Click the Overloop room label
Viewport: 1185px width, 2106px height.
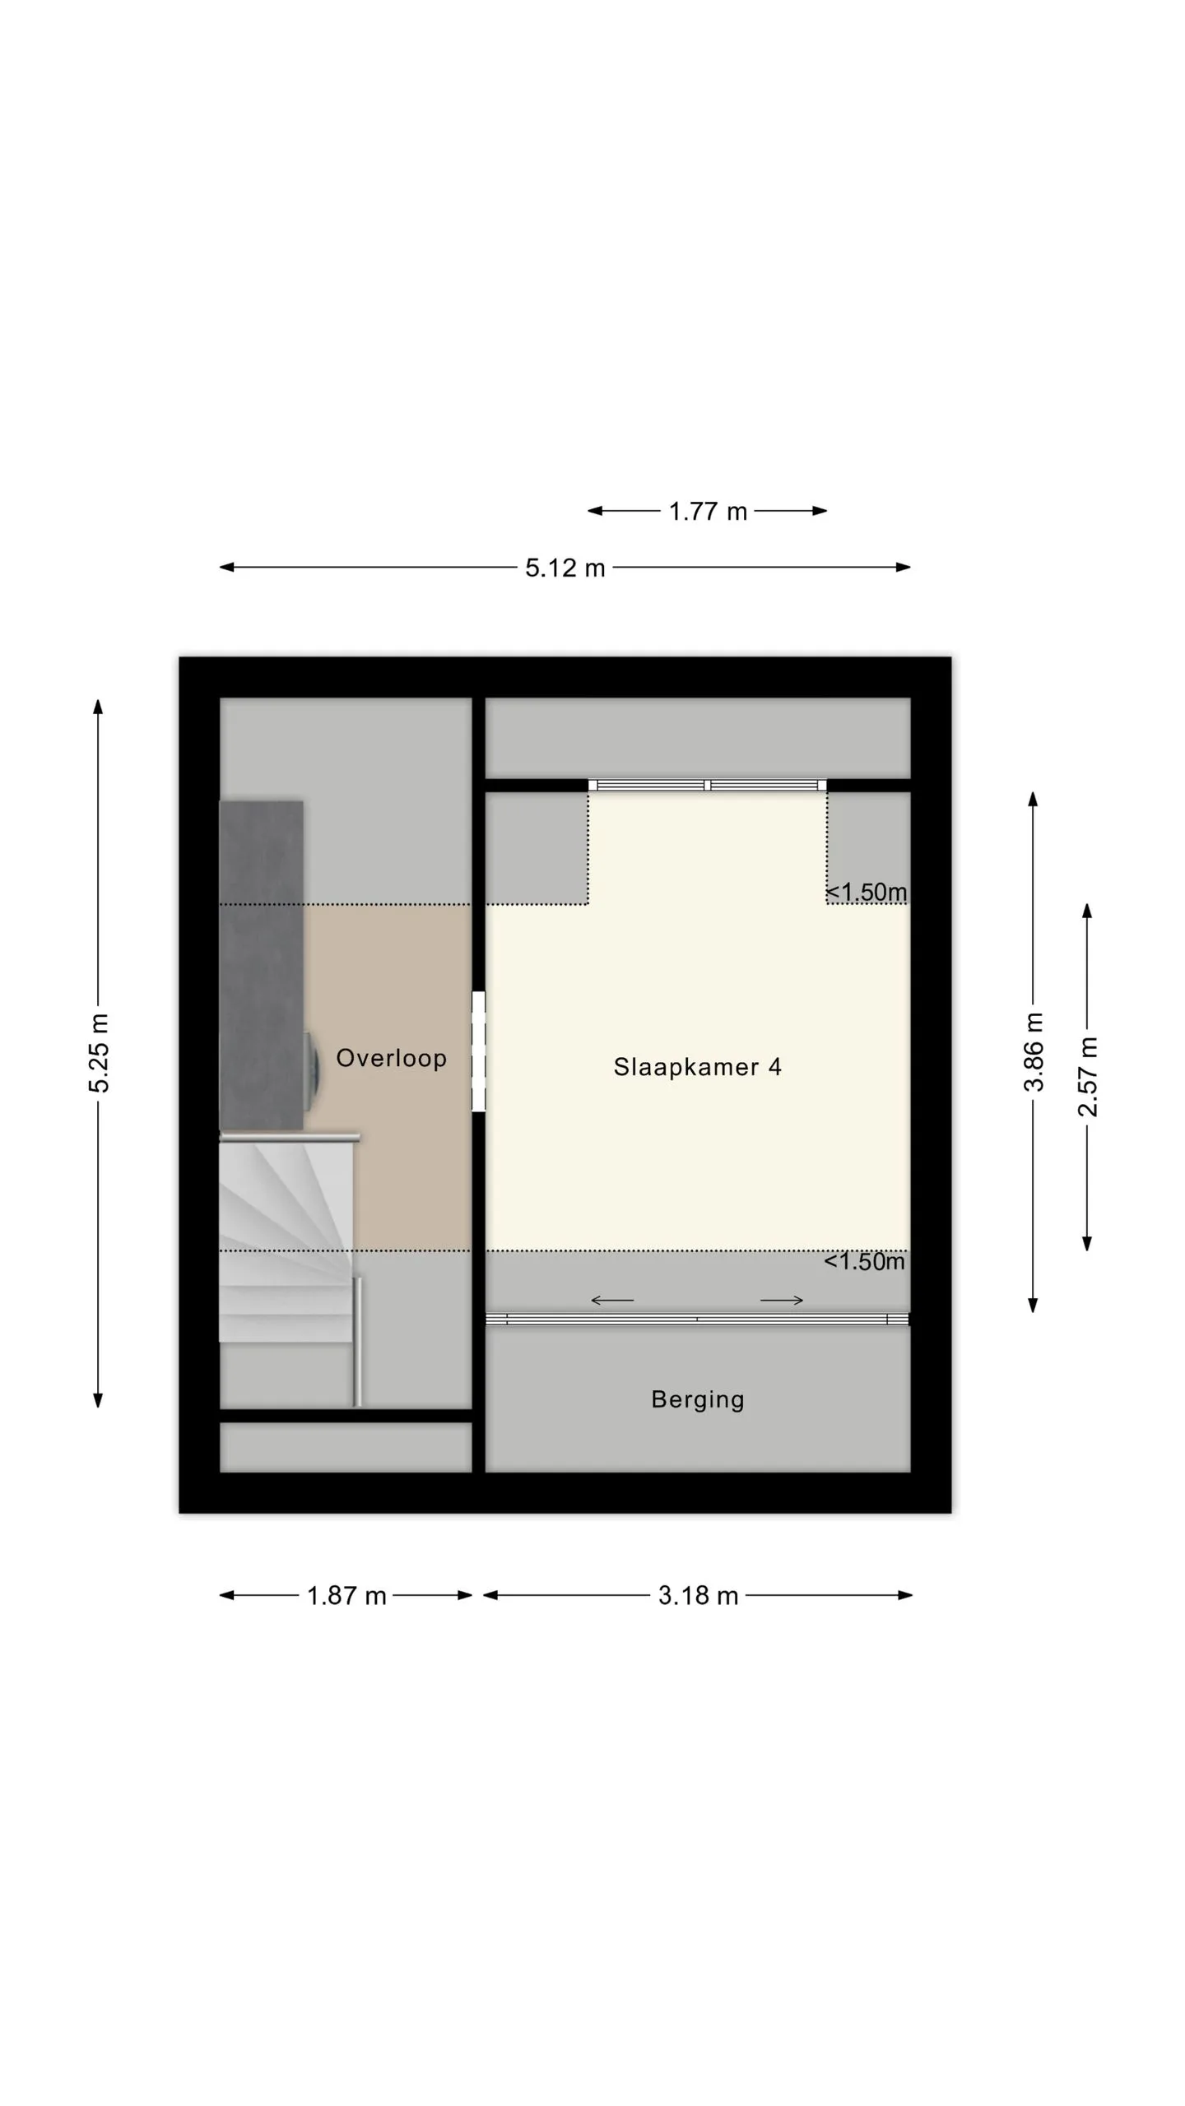(x=391, y=1058)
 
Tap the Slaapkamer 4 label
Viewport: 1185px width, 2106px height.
(x=697, y=1067)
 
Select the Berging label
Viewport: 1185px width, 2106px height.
(x=698, y=1399)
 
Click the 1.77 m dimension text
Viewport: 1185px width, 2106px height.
(x=708, y=512)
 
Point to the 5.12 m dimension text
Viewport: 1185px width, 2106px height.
(x=565, y=568)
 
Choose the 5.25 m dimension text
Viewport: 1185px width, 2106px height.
(x=99, y=1054)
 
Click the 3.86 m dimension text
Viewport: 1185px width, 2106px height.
(x=1034, y=1052)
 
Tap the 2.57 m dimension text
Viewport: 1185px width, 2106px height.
(x=1088, y=1077)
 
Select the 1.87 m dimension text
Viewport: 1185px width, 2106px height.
(x=346, y=1596)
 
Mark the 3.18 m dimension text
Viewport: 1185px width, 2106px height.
(x=698, y=1596)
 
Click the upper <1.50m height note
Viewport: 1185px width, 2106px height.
(x=866, y=892)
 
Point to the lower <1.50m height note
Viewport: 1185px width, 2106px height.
(x=864, y=1261)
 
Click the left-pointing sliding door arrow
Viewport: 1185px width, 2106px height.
(x=612, y=1300)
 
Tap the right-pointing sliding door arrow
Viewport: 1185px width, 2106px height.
(x=782, y=1300)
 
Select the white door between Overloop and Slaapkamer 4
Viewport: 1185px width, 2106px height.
(x=478, y=1051)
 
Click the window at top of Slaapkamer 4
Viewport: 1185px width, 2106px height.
(x=708, y=785)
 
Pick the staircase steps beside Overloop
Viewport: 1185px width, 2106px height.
(x=286, y=1240)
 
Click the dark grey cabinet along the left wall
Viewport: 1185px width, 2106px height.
(x=261, y=965)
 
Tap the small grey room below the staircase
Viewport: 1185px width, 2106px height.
(x=346, y=1447)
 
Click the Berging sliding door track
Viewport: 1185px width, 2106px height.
(x=698, y=1319)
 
